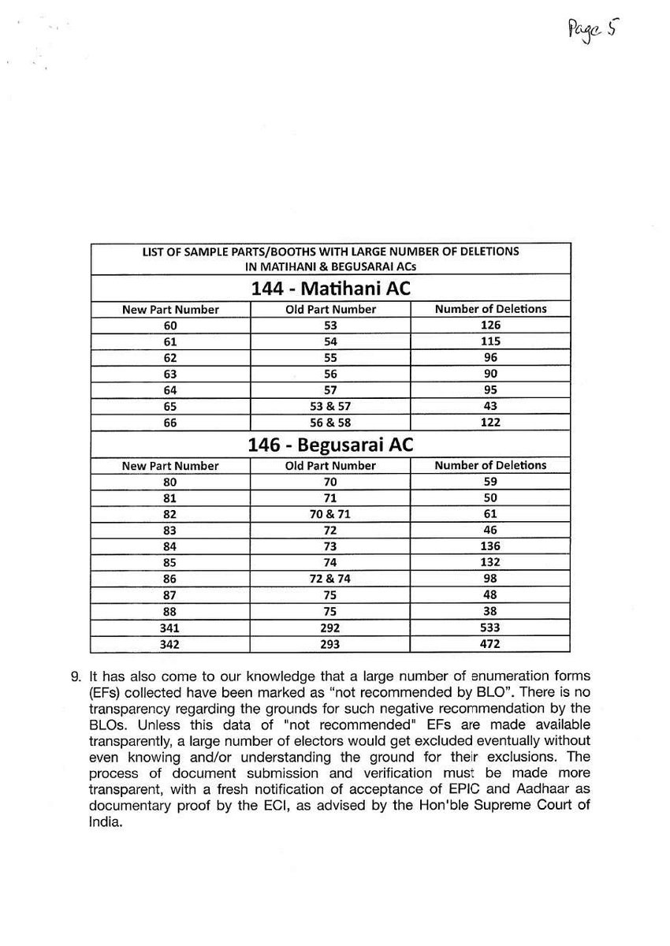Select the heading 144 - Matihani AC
(x=330, y=289)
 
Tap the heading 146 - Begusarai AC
(x=330, y=445)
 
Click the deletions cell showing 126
(x=489, y=326)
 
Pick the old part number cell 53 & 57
(x=330, y=407)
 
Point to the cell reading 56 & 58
(x=330, y=423)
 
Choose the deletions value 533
(x=489, y=628)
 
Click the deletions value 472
(x=489, y=644)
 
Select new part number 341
(x=170, y=628)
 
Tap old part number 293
(x=330, y=644)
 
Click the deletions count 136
(x=489, y=546)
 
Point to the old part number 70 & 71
(x=330, y=514)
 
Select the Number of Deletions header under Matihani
(x=489, y=309)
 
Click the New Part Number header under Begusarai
(x=170, y=466)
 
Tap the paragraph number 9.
(x=76, y=677)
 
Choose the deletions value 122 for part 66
(x=489, y=423)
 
